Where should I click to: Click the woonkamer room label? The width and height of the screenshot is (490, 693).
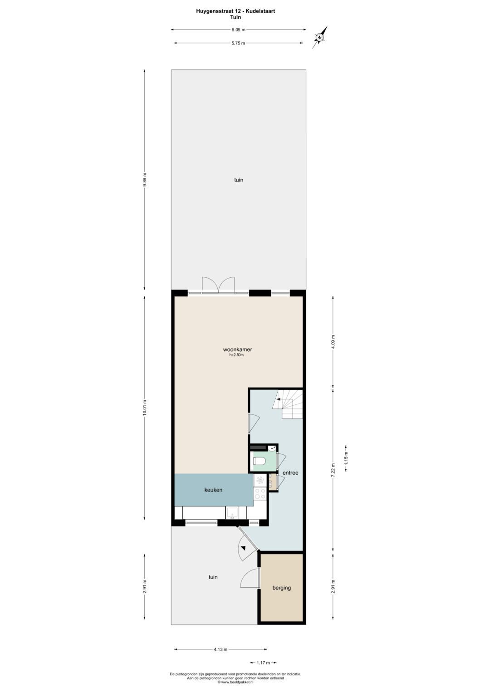point(237,350)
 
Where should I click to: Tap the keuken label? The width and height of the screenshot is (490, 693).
point(213,490)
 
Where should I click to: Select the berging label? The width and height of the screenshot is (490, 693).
point(281,588)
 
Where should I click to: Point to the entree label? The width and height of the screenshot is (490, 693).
point(290,473)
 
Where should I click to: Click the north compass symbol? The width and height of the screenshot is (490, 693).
point(320,37)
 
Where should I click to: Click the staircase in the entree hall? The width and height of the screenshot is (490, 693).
point(288,404)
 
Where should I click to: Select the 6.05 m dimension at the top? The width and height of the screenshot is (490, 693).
point(238,29)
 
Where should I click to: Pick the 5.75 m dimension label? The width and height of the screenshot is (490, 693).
point(238,43)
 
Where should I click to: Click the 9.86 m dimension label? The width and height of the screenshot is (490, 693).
point(144,180)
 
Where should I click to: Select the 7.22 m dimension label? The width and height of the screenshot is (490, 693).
point(333,469)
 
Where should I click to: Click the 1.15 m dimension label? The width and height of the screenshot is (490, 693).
point(346,458)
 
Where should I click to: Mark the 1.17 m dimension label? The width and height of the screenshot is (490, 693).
point(263,663)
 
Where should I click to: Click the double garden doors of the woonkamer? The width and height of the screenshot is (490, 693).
point(218,285)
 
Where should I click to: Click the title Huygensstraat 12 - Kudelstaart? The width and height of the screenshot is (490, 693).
point(235,11)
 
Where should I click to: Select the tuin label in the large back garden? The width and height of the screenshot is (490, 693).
point(239,180)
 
